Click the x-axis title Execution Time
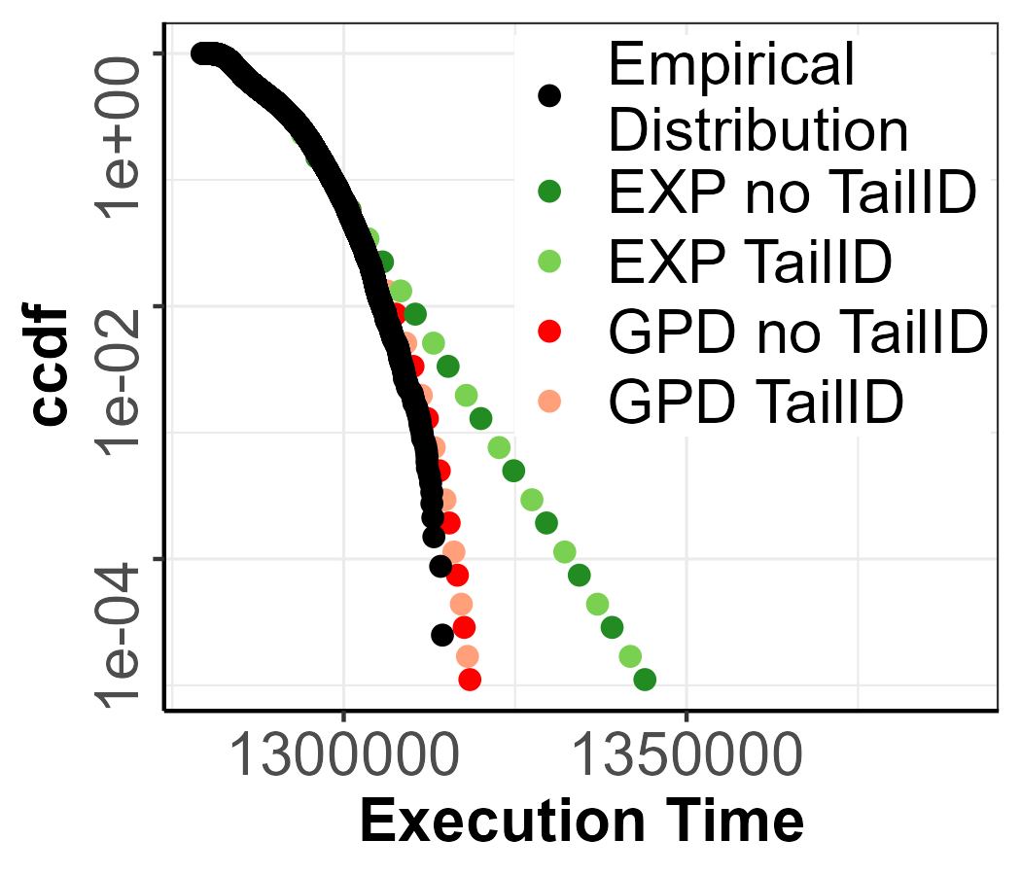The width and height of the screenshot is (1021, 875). click(581, 822)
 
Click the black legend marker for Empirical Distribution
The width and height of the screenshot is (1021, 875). click(550, 95)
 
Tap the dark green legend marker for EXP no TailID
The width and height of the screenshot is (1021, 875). click(550, 194)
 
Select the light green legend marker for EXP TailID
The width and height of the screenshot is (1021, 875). click(550, 262)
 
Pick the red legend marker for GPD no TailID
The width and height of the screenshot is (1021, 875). click(550, 332)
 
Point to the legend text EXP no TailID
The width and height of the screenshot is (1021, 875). click(792, 194)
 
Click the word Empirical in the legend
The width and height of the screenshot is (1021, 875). click(731, 66)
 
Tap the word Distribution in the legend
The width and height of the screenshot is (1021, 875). click(758, 128)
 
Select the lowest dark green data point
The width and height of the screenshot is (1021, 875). click(644, 679)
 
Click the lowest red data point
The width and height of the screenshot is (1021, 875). click(470, 679)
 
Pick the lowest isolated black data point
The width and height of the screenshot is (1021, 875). click(442, 635)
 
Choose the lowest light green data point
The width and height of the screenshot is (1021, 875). click(630, 656)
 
